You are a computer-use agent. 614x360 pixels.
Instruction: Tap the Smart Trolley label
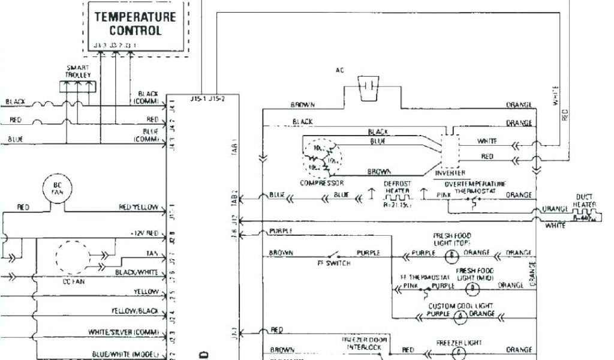pos(78,71)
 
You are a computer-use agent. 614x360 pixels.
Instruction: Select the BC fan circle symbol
pos(58,188)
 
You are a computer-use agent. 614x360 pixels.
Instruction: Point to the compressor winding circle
pos(323,158)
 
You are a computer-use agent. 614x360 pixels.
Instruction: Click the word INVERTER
pos(453,173)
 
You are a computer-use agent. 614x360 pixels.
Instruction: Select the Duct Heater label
pos(585,200)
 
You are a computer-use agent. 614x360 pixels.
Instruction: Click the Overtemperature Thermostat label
pos(475,187)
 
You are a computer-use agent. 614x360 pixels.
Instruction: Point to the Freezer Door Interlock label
pos(365,343)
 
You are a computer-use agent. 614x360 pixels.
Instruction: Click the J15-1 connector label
pos(197,99)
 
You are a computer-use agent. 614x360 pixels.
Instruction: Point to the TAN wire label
pos(152,253)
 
